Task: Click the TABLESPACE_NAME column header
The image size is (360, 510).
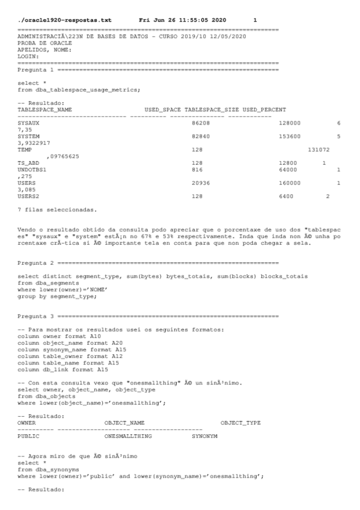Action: (x=45, y=110)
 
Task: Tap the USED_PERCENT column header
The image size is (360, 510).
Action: (x=264, y=110)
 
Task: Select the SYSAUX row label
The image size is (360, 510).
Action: (x=28, y=123)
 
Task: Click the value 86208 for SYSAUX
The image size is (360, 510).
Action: (x=201, y=123)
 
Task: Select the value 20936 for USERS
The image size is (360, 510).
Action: (x=201, y=182)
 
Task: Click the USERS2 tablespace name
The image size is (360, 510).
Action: (x=28, y=195)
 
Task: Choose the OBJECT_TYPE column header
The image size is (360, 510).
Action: (x=240, y=423)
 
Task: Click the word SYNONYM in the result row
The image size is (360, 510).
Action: (x=204, y=436)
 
